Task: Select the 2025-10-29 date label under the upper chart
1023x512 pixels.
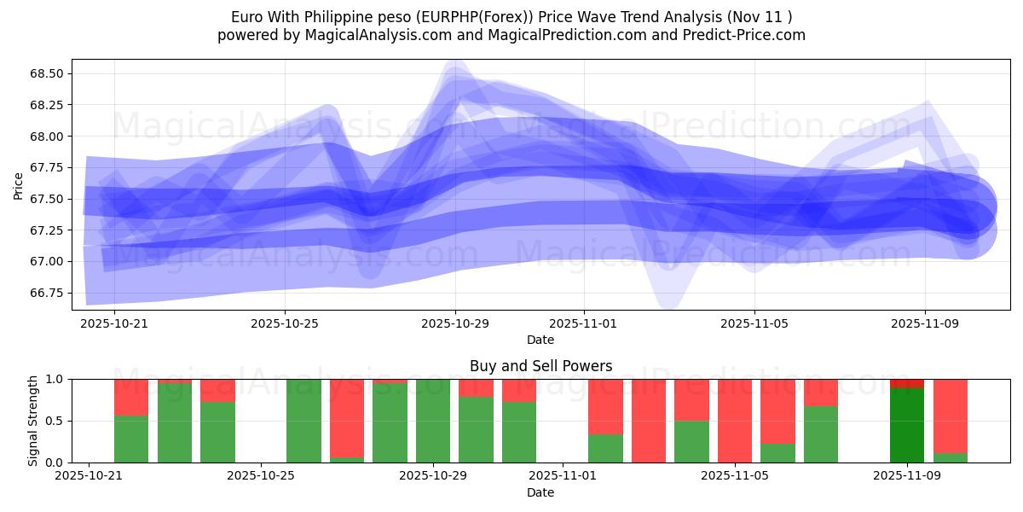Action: click(455, 324)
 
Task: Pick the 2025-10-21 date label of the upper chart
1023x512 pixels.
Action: click(114, 324)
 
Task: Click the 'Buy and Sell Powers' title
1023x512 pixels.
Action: click(540, 366)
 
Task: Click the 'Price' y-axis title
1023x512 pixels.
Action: click(19, 184)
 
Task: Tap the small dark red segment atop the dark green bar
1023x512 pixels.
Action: click(906, 383)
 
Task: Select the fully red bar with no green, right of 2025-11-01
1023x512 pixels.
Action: click(648, 421)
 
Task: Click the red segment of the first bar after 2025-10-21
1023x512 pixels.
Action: click(131, 397)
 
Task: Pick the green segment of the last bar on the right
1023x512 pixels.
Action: click(950, 457)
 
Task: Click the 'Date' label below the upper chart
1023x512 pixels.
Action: click(540, 340)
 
